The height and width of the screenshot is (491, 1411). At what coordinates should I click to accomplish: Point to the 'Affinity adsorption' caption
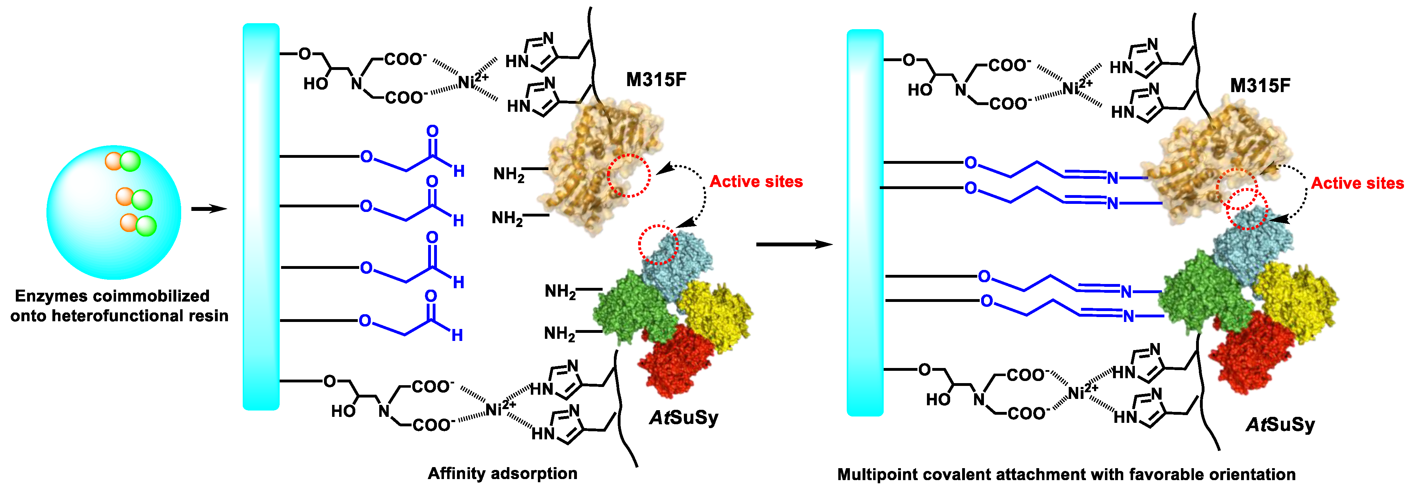[x=502, y=473]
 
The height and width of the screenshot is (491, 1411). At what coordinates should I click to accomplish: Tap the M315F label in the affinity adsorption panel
[x=656, y=80]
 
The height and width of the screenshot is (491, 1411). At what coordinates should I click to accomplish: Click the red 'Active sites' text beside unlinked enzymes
[x=756, y=181]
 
